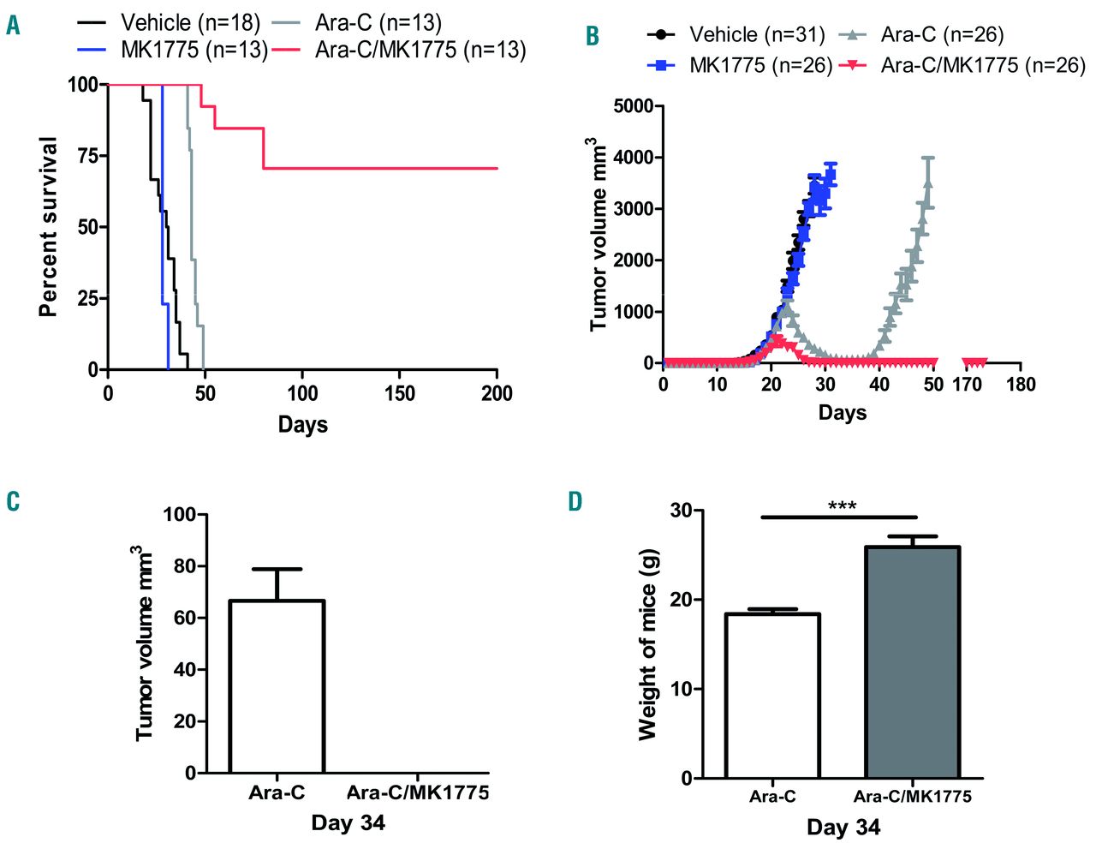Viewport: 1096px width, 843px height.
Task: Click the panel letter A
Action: click(13, 26)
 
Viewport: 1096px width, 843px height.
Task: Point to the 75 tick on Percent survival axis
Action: click(86, 155)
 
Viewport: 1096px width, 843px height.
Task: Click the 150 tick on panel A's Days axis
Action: click(399, 393)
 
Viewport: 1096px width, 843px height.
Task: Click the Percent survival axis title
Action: click(49, 227)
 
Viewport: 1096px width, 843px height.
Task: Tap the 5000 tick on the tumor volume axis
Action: click(634, 106)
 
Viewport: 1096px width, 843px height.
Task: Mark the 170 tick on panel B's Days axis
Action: click(967, 384)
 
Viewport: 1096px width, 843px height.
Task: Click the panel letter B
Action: click(592, 37)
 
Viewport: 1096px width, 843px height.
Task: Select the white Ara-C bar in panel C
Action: click(277, 686)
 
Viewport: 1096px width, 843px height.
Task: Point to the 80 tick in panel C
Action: click(184, 566)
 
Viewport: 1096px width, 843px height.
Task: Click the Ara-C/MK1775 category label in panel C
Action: click(418, 792)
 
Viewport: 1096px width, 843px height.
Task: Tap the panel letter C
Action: click(13, 501)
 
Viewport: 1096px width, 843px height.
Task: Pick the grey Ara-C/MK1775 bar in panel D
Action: click(912, 661)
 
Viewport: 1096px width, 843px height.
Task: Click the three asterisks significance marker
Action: click(842, 506)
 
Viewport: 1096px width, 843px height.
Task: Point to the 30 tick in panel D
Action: click(682, 511)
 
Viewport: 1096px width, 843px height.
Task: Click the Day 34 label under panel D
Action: click(843, 828)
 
